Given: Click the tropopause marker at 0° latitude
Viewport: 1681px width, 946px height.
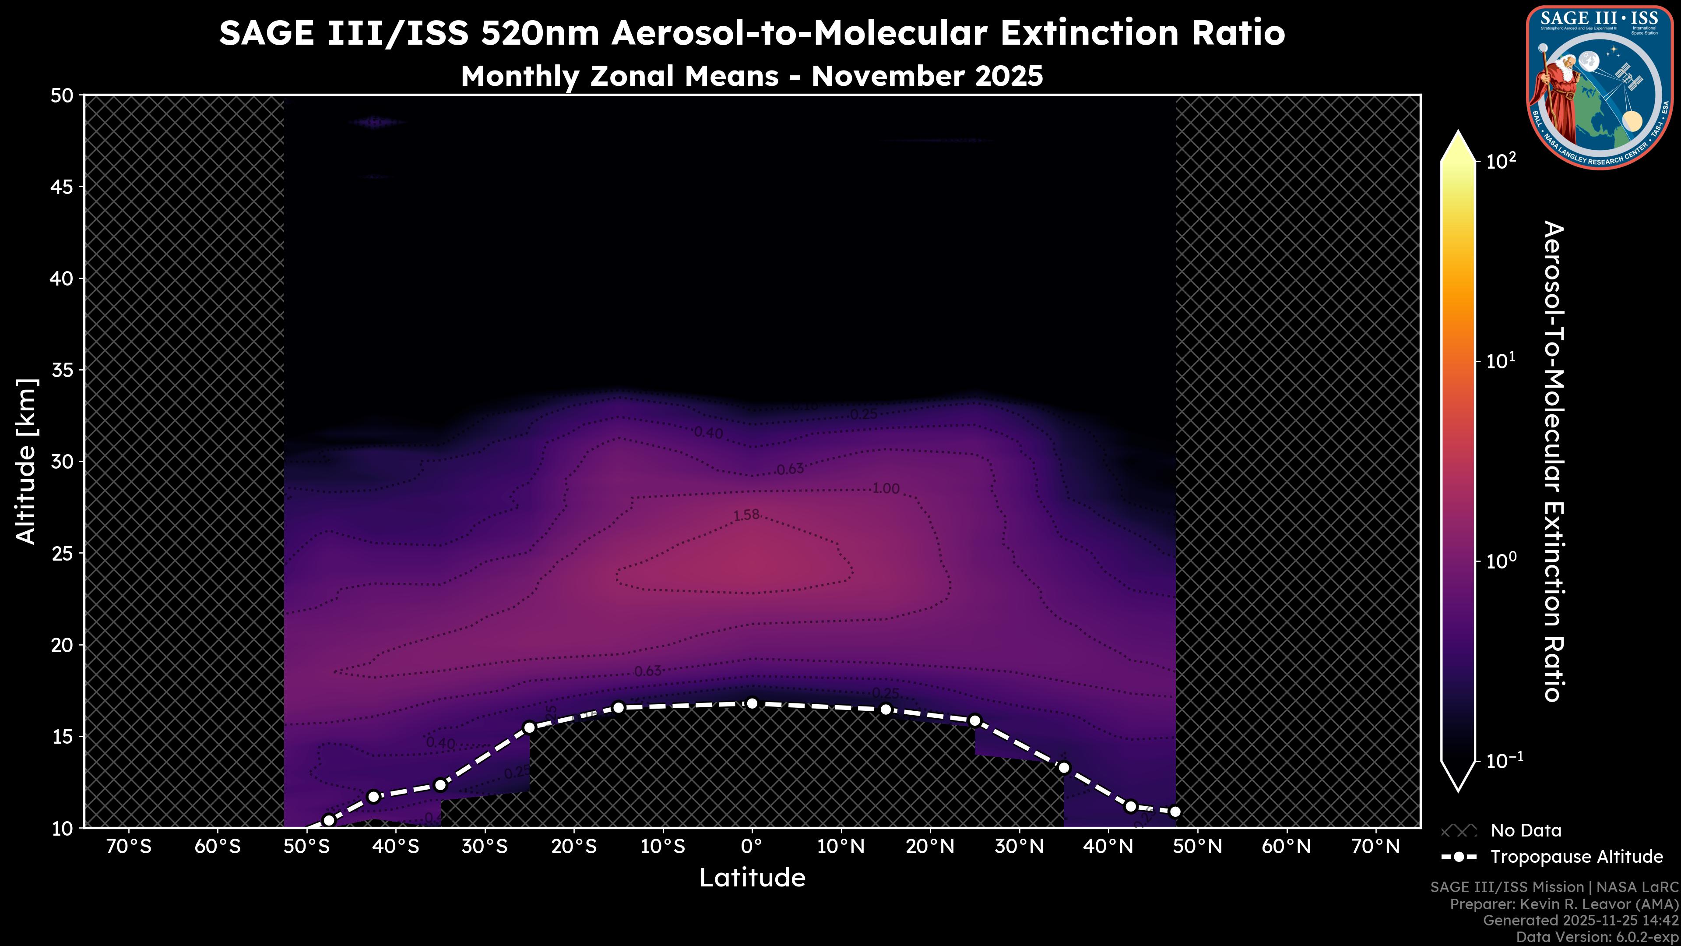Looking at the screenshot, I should coord(752,703).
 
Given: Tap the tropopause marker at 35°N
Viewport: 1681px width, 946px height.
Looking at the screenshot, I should coord(1064,768).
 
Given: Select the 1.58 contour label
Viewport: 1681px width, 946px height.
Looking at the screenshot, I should coord(746,515).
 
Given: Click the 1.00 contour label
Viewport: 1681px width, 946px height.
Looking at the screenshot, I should coord(886,488).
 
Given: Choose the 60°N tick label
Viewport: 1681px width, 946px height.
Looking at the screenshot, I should coord(1286,847).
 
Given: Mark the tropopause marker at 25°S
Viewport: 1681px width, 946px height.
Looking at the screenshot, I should coord(529,727).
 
